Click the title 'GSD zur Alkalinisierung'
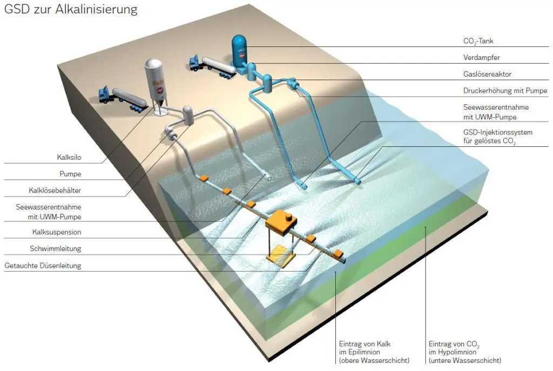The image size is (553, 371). (x=71, y=10)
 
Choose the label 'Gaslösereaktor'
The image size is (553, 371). (x=488, y=74)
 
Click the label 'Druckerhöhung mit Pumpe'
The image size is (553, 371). (x=505, y=90)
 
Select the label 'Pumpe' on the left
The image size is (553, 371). (x=71, y=174)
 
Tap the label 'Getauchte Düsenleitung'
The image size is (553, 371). (x=43, y=265)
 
